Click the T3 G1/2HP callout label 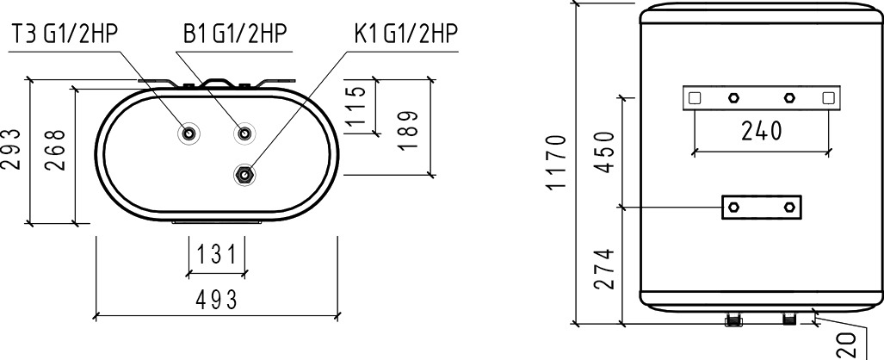pyautogui.click(x=65, y=34)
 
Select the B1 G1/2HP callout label pyautogui.click(x=235, y=34)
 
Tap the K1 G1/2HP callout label pyautogui.click(x=405, y=34)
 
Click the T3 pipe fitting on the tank pyautogui.click(x=189, y=133)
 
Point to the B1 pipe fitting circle pyautogui.click(x=244, y=133)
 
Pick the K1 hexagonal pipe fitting pyautogui.click(x=244, y=175)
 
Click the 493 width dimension pyautogui.click(x=217, y=301)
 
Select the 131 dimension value pyautogui.click(x=217, y=255)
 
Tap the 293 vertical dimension pyautogui.click(x=12, y=149)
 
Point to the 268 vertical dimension pyautogui.click(x=56, y=150)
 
